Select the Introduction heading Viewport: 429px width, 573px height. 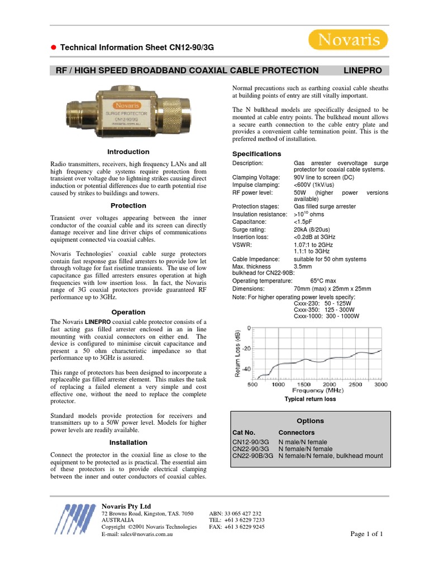pos(128,152)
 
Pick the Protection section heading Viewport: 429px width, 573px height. pos(128,205)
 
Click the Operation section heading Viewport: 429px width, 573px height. pos(128,312)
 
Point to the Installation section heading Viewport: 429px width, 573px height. pos(128,443)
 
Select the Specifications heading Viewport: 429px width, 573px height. pos(256,154)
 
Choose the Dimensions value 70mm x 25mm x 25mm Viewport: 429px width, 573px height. pos(332,289)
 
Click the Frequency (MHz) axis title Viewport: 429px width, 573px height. pos(318,390)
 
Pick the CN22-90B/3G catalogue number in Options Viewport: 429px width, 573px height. pos(252,456)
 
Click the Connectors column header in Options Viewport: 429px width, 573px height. pos(296,433)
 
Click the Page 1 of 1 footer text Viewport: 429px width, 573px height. pos(366,534)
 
